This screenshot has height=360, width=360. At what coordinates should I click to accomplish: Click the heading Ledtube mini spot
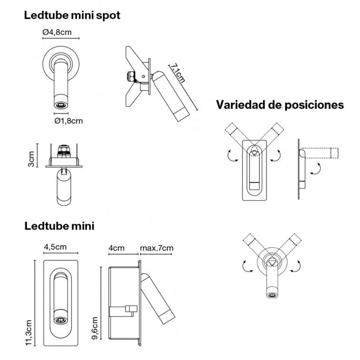72,15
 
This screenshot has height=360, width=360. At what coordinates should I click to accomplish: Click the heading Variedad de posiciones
280,105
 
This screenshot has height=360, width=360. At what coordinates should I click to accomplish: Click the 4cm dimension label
116,248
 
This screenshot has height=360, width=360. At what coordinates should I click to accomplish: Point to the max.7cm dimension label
156,248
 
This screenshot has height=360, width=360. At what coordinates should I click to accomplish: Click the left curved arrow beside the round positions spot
245,266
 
